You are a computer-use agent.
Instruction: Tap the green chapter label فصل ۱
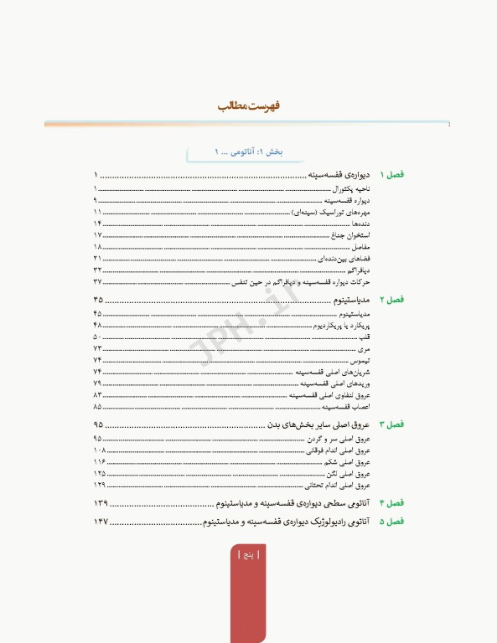392,175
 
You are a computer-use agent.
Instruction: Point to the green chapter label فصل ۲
392,300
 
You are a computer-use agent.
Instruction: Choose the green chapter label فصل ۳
392,424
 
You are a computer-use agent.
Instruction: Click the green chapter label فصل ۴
392,503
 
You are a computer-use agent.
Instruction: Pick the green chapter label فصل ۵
392,522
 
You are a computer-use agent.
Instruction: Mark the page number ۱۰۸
99,450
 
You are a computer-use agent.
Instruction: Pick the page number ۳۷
98,282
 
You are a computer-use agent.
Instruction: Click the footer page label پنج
248,555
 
